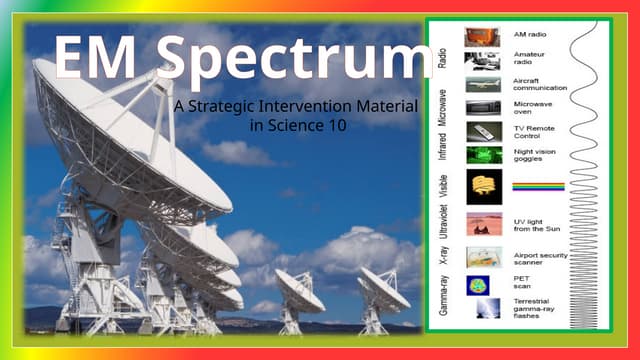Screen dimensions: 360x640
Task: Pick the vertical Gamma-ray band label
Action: (442, 294)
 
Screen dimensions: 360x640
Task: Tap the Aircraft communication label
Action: (539, 84)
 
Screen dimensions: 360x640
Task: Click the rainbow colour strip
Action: (538, 186)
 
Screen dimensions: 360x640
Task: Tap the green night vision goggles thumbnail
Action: (483, 155)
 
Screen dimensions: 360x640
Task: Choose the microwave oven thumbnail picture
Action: (483, 108)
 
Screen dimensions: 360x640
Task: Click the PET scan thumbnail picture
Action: (483, 285)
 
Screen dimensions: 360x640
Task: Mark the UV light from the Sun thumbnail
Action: (483, 224)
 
